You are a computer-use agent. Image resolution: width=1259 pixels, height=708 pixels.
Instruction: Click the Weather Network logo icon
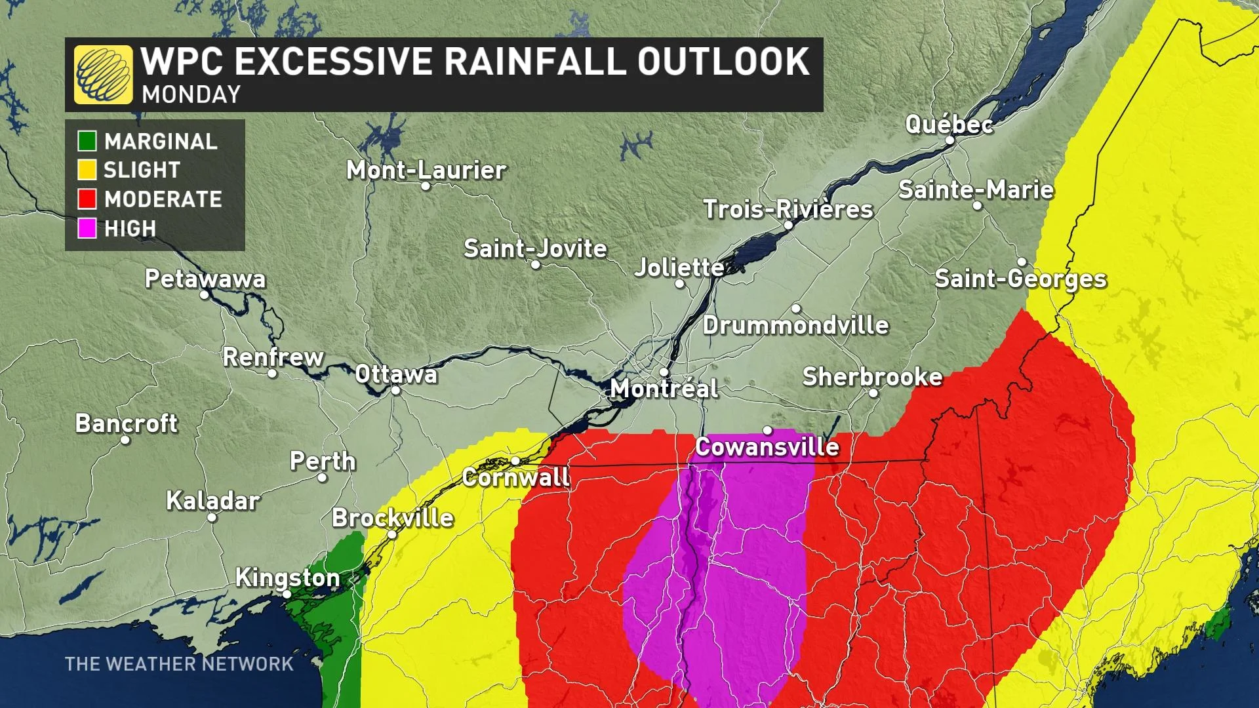103,75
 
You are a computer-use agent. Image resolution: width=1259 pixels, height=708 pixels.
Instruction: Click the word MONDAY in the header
191,95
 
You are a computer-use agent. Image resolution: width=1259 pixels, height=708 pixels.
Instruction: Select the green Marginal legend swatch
87,141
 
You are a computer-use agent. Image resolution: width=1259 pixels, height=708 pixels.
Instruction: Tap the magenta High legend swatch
87,228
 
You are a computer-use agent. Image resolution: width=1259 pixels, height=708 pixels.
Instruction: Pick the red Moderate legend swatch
87,199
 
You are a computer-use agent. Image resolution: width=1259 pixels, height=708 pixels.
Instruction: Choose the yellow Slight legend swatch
87,170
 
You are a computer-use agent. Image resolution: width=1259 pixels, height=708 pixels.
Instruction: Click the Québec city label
948,124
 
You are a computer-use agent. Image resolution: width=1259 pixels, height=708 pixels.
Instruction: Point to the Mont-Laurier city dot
426,186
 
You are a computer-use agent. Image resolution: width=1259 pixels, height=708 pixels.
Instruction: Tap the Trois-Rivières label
788,209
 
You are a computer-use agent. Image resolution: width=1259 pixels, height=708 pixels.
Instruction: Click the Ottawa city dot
396,391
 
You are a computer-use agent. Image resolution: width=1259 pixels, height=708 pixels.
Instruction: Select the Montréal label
664,389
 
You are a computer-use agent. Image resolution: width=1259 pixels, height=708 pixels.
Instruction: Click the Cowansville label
767,447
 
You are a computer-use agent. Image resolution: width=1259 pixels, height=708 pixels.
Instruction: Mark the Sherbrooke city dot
873,393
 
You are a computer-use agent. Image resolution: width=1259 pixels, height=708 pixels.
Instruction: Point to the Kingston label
287,578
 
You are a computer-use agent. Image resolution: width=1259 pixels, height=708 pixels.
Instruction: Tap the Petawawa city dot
205,295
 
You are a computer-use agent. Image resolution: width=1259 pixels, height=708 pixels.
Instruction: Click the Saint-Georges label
1020,279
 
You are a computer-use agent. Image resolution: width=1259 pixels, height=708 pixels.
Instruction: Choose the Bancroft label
126,423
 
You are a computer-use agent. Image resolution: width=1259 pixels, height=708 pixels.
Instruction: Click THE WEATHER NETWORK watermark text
179,664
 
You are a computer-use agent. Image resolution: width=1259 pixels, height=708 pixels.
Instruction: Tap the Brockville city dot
392,534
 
